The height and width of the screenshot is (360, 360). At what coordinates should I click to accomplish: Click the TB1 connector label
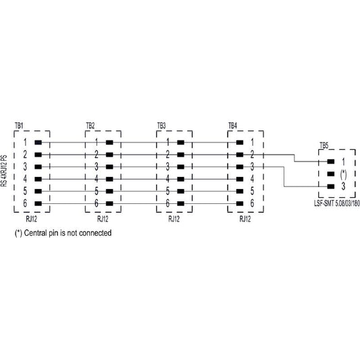pyautogui.click(x=19, y=126)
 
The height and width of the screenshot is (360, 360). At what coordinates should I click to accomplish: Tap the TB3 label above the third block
pyautogui.click(x=161, y=126)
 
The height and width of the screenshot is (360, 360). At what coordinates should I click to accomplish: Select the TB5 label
pyautogui.click(x=324, y=146)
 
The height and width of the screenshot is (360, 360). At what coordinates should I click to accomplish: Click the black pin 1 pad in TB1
pyautogui.click(x=38, y=143)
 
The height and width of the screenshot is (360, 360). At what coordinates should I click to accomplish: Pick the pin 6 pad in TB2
pyautogui.click(x=109, y=203)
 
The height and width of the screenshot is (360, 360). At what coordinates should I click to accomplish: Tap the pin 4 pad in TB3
pyautogui.click(x=181, y=179)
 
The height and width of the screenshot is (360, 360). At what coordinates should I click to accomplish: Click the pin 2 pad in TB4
pyautogui.click(x=240, y=155)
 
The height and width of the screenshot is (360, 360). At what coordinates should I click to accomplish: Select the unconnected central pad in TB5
pyautogui.click(x=331, y=174)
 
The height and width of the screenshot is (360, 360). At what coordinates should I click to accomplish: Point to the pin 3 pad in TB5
pyautogui.click(x=331, y=186)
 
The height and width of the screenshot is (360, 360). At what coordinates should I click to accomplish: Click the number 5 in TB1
pyautogui.click(x=25, y=191)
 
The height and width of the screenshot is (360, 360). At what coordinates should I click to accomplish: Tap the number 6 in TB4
pyautogui.click(x=252, y=203)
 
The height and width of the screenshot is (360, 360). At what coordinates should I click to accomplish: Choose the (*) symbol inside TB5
pyautogui.click(x=344, y=174)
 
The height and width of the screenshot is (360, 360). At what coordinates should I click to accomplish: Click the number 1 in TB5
pyautogui.click(x=344, y=161)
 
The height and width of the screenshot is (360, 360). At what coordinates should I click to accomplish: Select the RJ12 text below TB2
pyautogui.click(x=103, y=219)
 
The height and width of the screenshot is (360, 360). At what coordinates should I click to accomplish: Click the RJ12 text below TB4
pyautogui.click(x=245, y=219)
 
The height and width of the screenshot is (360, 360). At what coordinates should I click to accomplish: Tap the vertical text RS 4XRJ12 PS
pyautogui.click(x=5, y=171)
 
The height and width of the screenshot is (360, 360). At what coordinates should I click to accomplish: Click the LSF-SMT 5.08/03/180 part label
pyautogui.click(x=337, y=203)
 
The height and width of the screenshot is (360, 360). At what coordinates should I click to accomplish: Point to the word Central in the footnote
pyautogui.click(x=35, y=233)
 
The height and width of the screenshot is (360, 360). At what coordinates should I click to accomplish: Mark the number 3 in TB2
pyautogui.click(x=97, y=167)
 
